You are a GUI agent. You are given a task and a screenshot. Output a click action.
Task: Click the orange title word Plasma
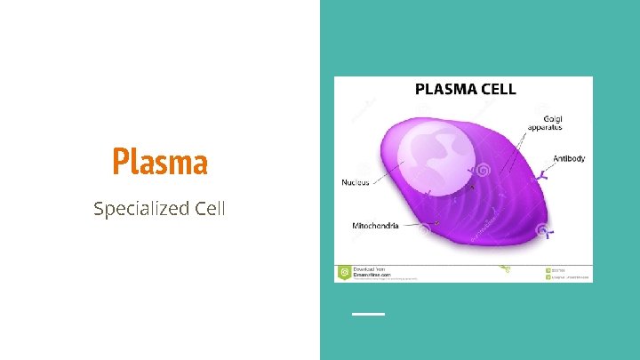(160, 163)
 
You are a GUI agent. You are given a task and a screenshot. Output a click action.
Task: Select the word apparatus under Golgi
(544, 127)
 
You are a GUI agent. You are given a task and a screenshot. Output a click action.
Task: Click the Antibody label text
(569, 159)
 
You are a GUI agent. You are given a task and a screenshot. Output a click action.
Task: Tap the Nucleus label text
(356, 183)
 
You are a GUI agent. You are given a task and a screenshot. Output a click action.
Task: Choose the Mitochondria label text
(374, 226)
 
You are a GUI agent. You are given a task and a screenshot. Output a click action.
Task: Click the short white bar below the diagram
(368, 314)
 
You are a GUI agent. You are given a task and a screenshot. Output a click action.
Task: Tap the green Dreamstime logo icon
(343, 272)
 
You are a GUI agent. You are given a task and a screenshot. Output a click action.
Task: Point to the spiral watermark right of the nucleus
(483, 169)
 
